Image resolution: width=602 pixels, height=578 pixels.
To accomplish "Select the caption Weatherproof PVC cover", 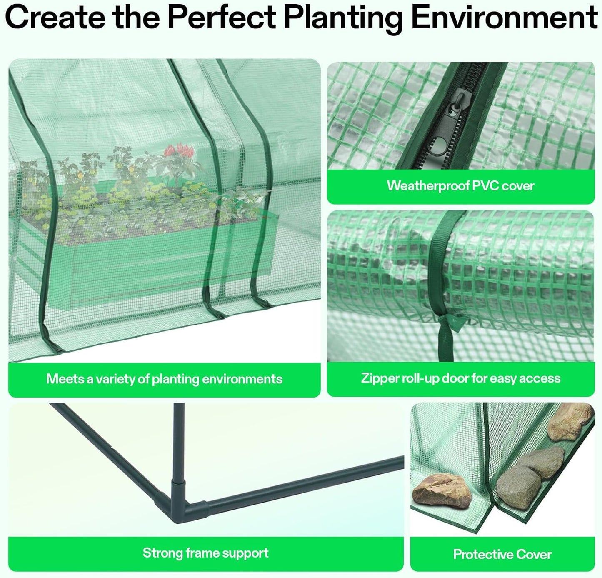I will [x=460, y=186].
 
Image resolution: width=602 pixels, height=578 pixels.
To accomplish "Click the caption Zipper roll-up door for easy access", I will [x=460, y=378].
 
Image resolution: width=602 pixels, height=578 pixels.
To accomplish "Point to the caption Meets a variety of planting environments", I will [x=164, y=379].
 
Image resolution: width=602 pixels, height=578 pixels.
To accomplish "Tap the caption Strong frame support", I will [x=205, y=553].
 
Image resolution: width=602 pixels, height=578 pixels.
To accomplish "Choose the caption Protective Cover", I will [x=502, y=554].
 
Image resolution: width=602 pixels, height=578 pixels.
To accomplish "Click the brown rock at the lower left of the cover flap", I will [x=442, y=491].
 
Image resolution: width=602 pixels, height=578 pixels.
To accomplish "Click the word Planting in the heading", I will [x=343, y=18].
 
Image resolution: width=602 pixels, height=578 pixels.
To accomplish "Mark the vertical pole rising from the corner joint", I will [x=179, y=442].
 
